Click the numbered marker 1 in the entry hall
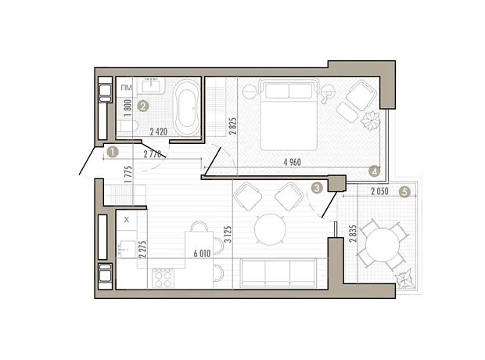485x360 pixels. coord(112,153)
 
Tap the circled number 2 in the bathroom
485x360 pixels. coord(142,106)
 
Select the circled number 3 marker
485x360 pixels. coord(317,188)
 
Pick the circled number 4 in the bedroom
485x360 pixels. coord(374,171)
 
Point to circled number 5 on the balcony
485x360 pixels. coord(404,192)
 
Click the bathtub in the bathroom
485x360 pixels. coord(186,107)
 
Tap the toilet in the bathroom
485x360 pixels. coord(128,126)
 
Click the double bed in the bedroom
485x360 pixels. coord(289,114)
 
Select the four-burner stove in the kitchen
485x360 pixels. coord(163,279)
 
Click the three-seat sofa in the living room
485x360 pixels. coord(278,272)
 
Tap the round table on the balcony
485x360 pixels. coord(383,245)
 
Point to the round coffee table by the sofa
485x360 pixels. coord(270,229)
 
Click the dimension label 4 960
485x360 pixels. coord(292,162)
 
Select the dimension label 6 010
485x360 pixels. coord(202,254)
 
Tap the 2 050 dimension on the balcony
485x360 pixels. coord(379,191)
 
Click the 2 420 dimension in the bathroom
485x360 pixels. coord(158,132)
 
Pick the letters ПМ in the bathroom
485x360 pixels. coord(126,88)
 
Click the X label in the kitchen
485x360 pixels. coord(126,220)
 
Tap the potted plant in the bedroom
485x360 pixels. coord(370,121)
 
